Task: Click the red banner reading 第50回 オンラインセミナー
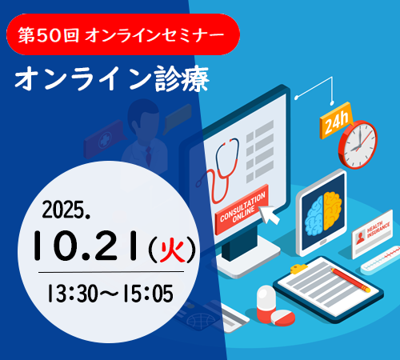point(123,34)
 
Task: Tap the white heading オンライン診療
point(112,78)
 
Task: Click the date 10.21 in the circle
point(86,246)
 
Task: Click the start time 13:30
point(72,294)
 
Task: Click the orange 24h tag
point(336,122)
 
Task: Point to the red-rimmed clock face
point(358,145)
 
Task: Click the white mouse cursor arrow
point(270,214)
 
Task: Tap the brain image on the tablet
point(323,214)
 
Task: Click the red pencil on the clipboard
point(350,280)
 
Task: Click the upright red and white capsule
point(266,302)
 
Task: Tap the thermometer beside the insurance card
point(380,260)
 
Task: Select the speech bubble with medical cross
point(105,139)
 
